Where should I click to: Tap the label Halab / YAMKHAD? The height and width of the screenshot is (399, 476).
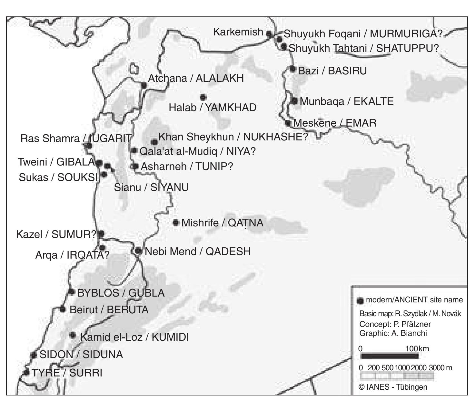pyautogui.click(x=213, y=108)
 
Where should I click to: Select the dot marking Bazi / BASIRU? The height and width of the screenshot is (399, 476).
pyautogui.click(x=293, y=69)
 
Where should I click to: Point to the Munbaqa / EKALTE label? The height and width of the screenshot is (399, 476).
pyautogui.click(x=347, y=101)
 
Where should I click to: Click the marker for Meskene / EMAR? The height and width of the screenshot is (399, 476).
pyautogui.click(x=288, y=123)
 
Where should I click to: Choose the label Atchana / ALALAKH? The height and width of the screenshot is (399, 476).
pyautogui.click(x=196, y=78)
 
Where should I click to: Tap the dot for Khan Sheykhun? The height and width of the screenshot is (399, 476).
pyautogui.click(x=154, y=142)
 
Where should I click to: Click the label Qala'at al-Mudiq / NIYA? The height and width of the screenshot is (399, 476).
pyautogui.click(x=197, y=151)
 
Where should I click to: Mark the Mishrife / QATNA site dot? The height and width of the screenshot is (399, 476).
pyautogui.click(x=176, y=223)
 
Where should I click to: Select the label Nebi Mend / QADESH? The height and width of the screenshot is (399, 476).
pyautogui.click(x=198, y=252)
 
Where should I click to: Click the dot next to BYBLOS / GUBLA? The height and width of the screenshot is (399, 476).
pyautogui.click(x=72, y=292)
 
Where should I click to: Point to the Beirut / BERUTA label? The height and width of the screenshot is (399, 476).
pyautogui.click(x=109, y=310)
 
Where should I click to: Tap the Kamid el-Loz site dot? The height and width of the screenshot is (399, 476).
pyautogui.click(x=73, y=335)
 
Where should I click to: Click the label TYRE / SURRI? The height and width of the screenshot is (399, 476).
pyautogui.click(x=67, y=373)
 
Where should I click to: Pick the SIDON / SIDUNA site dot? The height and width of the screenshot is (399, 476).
pyautogui.click(x=34, y=355)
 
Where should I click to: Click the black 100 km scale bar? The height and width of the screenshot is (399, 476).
pyautogui.click(x=390, y=356)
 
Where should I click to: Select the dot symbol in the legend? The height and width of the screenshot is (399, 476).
pyautogui.click(x=361, y=301)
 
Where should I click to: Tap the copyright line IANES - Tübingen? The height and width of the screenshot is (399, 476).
pyautogui.click(x=393, y=387)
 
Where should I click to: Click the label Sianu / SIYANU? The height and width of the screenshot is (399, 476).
pyautogui.click(x=151, y=187)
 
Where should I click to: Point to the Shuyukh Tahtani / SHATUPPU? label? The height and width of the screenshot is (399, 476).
pyautogui.click(x=363, y=48)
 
